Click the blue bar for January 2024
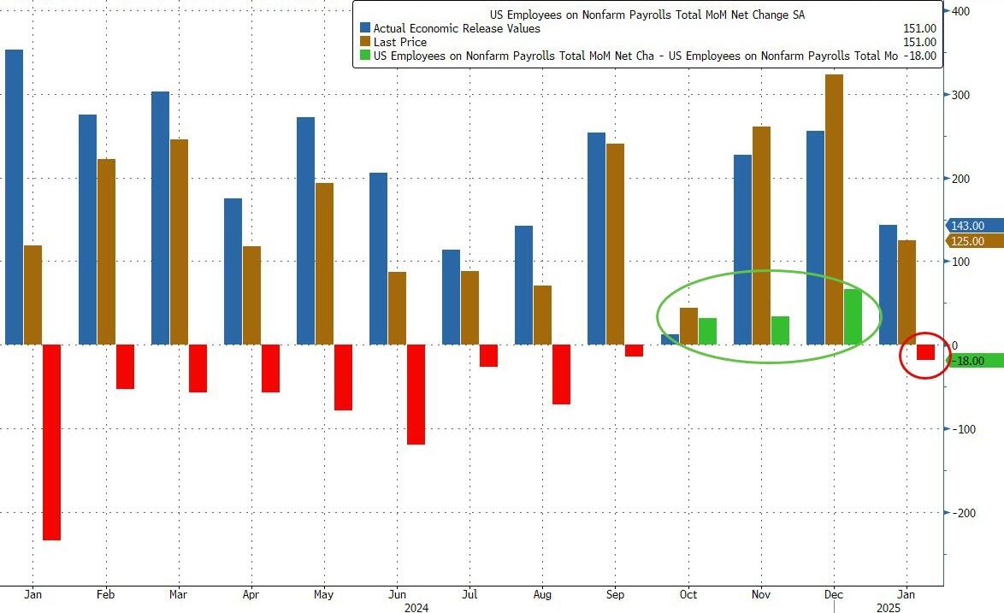point(14,197)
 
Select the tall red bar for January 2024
point(51,442)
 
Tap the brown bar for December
point(834,209)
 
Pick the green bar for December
point(853,316)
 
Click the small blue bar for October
point(670,339)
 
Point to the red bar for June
point(416,394)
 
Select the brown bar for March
point(179,242)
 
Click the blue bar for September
point(596,239)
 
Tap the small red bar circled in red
point(925,352)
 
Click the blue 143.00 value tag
point(972,226)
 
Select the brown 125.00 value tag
point(972,242)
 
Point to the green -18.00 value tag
point(972,361)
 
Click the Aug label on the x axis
point(542,594)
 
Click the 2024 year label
point(416,609)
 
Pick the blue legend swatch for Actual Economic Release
point(365,28)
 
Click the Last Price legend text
point(399,42)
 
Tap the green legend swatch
point(365,56)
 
